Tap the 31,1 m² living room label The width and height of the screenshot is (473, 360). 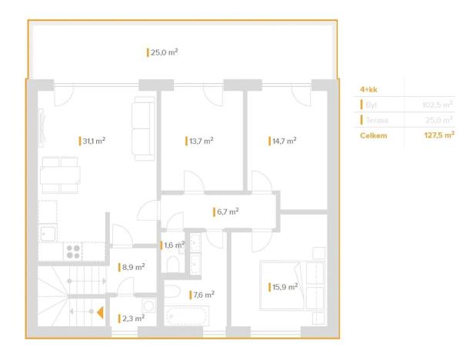(x=93, y=141)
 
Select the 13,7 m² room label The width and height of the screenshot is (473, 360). (x=200, y=141)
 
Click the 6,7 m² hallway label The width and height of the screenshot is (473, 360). (x=227, y=210)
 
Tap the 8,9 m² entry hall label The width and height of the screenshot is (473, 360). (x=133, y=267)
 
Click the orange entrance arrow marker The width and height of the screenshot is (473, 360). (x=100, y=312)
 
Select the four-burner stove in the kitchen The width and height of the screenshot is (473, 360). (x=74, y=250)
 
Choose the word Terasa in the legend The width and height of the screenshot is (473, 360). (x=377, y=119)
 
